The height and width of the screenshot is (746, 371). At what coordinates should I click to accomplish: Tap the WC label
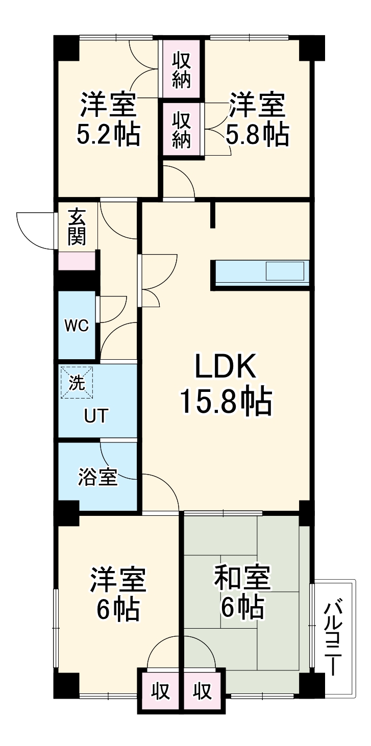pyautogui.click(x=76, y=326)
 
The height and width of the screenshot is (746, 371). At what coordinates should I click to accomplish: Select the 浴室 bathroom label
pyautogui.click(x=97, y=478)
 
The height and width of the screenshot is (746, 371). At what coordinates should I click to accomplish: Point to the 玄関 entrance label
pyautogui.click(x=77, y=228)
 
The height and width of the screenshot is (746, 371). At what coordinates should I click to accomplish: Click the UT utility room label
pyautogui.click(x=96, y=416)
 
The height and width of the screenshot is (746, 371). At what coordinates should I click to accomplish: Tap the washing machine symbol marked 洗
pyautogui.click(x=77, y=383)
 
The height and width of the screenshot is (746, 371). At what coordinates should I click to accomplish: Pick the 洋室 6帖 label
pyautogui.click(x=118, y=594)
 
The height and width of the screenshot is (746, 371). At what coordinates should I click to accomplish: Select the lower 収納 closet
pyautogui.click(x=182, y=130)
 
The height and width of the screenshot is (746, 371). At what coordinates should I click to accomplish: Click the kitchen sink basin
pyautogui.click(x=285, y=270)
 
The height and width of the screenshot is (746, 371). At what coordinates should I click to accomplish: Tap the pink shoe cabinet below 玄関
pyautogui.click(x=77, y=261)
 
